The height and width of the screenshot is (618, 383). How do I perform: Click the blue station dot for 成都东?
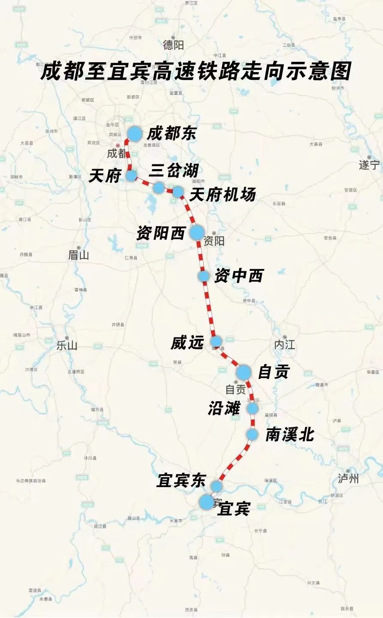pyautogui.click(x=135, y=133)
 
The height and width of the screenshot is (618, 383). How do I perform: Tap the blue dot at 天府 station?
pyautogui.click(x=131, y=175)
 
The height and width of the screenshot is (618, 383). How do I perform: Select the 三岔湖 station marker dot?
pyautogui.click(x=159, y=187)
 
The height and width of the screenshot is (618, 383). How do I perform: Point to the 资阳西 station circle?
pyautogui.click(x=197, y=232)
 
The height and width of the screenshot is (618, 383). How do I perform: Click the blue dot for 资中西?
pyautogui.click(x=203, y=276)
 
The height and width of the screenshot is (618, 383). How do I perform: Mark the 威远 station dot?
pyautogui.click(x=216, y=341)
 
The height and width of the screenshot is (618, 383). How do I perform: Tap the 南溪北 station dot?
pyautogui.click(x=252, y=435)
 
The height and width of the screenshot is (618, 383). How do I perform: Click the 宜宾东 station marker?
pyautogui.click(x=216, y=486)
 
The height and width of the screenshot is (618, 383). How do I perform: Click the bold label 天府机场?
pyautogui.click(x=222, y=195)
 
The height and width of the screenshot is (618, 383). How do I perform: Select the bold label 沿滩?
pyautogui.click(x=224, y=408)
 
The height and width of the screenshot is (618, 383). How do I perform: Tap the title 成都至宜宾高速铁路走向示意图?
pyautogui.click(x=196, y=71)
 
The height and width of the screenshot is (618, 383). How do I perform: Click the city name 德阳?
pyautogui.click(x=173, y=45)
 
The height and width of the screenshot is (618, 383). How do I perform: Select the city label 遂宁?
pyautogui.click(x=369, y=165)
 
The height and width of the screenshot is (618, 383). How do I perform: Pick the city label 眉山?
pyautogui.click(x=79, y=255)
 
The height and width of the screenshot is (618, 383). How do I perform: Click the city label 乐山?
pyautogui.click(x=67, y=345)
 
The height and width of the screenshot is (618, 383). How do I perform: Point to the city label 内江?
pyautogui.click(x=284, y=345)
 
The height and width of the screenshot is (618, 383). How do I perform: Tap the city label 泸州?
pyautogui.click(x=348, y=478)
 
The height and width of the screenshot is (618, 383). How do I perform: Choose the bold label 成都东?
pyautogui.click(x=171, y=133)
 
